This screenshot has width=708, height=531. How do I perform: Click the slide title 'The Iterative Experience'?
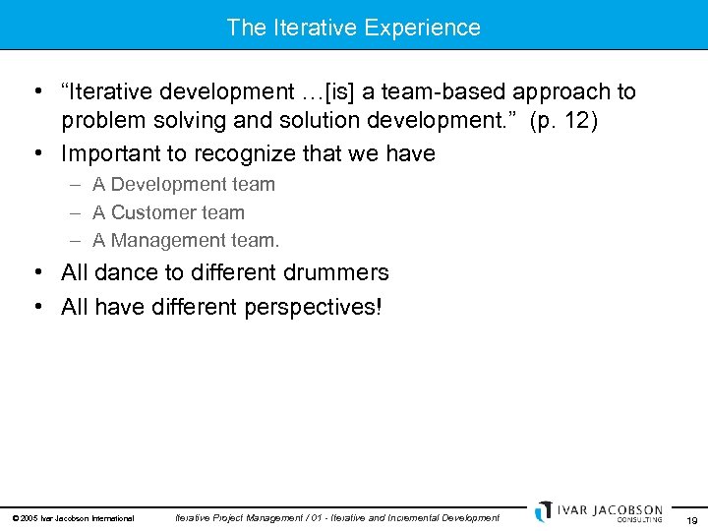(x=353, y=27)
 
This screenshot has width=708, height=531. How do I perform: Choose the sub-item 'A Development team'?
(x=184, y=184)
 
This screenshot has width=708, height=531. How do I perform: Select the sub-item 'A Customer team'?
(x=168, y=212)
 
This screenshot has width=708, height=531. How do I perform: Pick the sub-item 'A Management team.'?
(x=186, y=240)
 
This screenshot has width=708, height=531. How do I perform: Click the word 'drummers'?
(x=336, y=272)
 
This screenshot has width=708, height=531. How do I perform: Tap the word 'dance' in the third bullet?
(x=123, y=272)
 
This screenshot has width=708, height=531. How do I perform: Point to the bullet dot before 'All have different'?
(x=35, y=307)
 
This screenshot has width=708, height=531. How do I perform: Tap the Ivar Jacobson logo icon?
(x=543, y=511)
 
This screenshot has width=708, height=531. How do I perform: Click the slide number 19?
(x=692, y=519)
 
